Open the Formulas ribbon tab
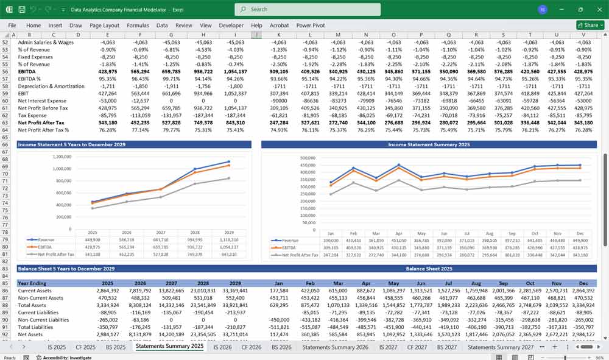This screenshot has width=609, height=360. coord(138,26)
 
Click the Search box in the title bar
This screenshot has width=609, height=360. coord(308,9)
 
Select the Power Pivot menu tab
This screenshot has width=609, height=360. coord(311,26)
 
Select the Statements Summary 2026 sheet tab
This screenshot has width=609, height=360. coord(335,347)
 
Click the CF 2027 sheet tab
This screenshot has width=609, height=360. coord(417,347)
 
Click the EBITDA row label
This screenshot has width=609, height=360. coord(30,71)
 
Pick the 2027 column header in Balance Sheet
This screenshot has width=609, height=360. coord(171,283)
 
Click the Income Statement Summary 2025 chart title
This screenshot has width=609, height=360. coord(429,144)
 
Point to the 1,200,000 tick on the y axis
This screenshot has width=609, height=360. coord(61,156)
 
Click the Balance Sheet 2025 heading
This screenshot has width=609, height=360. coord(429,269)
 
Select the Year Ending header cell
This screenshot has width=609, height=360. coord(33,283)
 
